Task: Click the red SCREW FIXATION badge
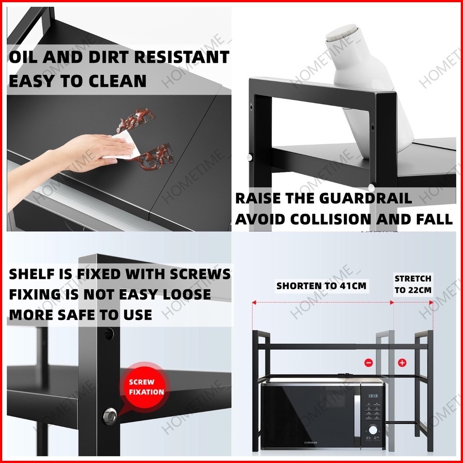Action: pyautogui.click(x=144, y=387)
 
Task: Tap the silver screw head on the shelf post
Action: pyautogui.click(x=110, y=416)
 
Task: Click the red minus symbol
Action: pyautogui.click(x=369, y=362)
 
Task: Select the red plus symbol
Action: pyautogui.click(x=402, y=362)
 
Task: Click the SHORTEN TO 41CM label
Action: pyautogui.click(x=321, y=286)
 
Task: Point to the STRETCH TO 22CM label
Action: pyautogui.click(x=413, y=284)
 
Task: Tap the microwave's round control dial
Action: pyautogui.click(x=373, y=429)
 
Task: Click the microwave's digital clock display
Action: pyautogui.click(x=373, y=396)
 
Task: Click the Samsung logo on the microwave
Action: pyautogui.click(x=311, y=442)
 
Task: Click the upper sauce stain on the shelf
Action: pyautogui.click(x=136, y=120)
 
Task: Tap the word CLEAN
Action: pyautogui.click(x=117, y=81)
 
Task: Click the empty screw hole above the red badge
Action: pyautogui.click(x=109, y=334)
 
